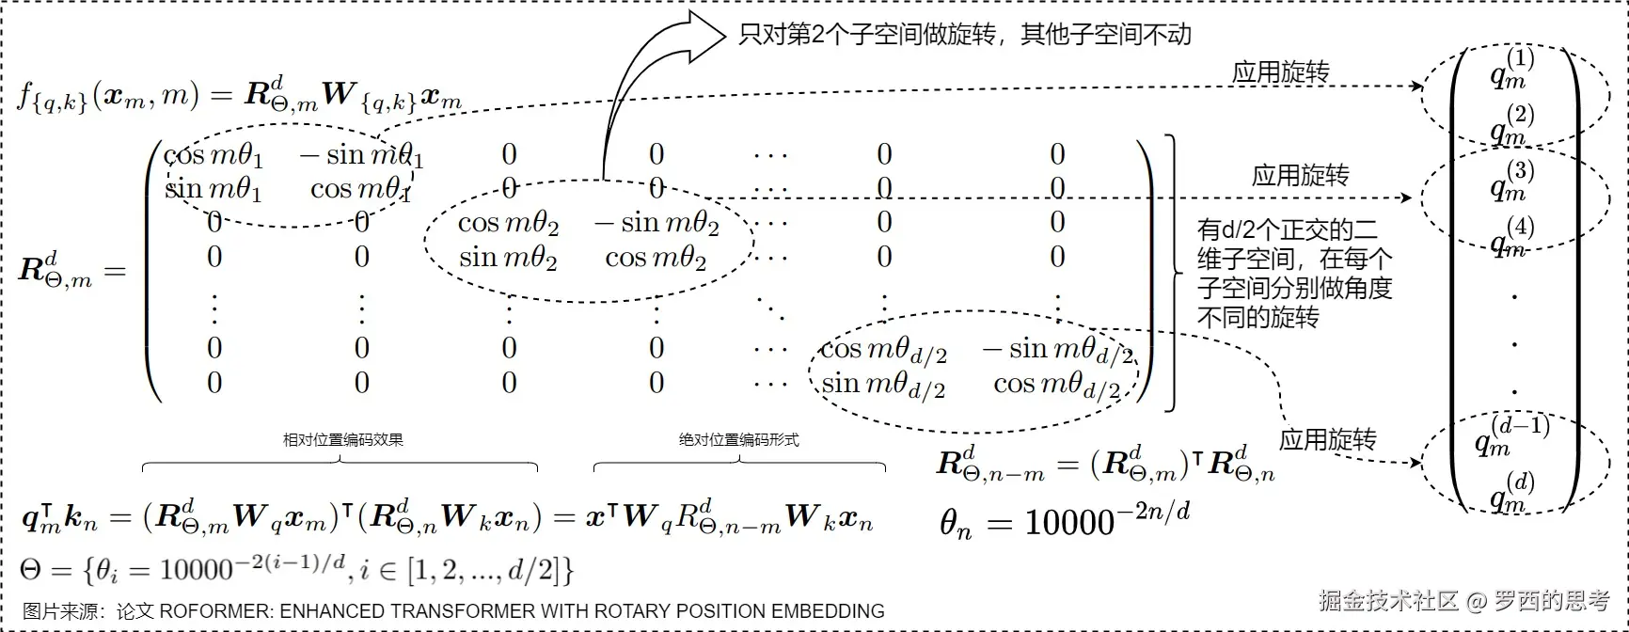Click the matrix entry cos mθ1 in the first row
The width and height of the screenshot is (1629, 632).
pyautogui.click(x=214, y=155)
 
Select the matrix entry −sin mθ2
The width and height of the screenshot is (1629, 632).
pyautogui.click(x=656, y=224)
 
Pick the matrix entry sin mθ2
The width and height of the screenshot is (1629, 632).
pyautogui.click(x=508, y=258)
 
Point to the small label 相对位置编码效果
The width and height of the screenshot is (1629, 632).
pyautogui.click(x=342, y=439)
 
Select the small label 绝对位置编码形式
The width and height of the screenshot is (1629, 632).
pyautogui.click(x=739, y=439)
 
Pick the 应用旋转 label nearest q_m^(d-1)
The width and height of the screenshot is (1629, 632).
pyautogui.click(x=1327, y=439)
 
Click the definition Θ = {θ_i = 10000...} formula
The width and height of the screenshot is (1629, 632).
pyautogui.click(x=296, y=569)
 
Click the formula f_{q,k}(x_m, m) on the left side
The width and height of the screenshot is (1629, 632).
pyautogui.click(x=240, y=95)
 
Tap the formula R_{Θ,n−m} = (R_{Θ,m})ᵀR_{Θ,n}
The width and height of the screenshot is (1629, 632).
pyautogui.click(x=1105, y=465)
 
